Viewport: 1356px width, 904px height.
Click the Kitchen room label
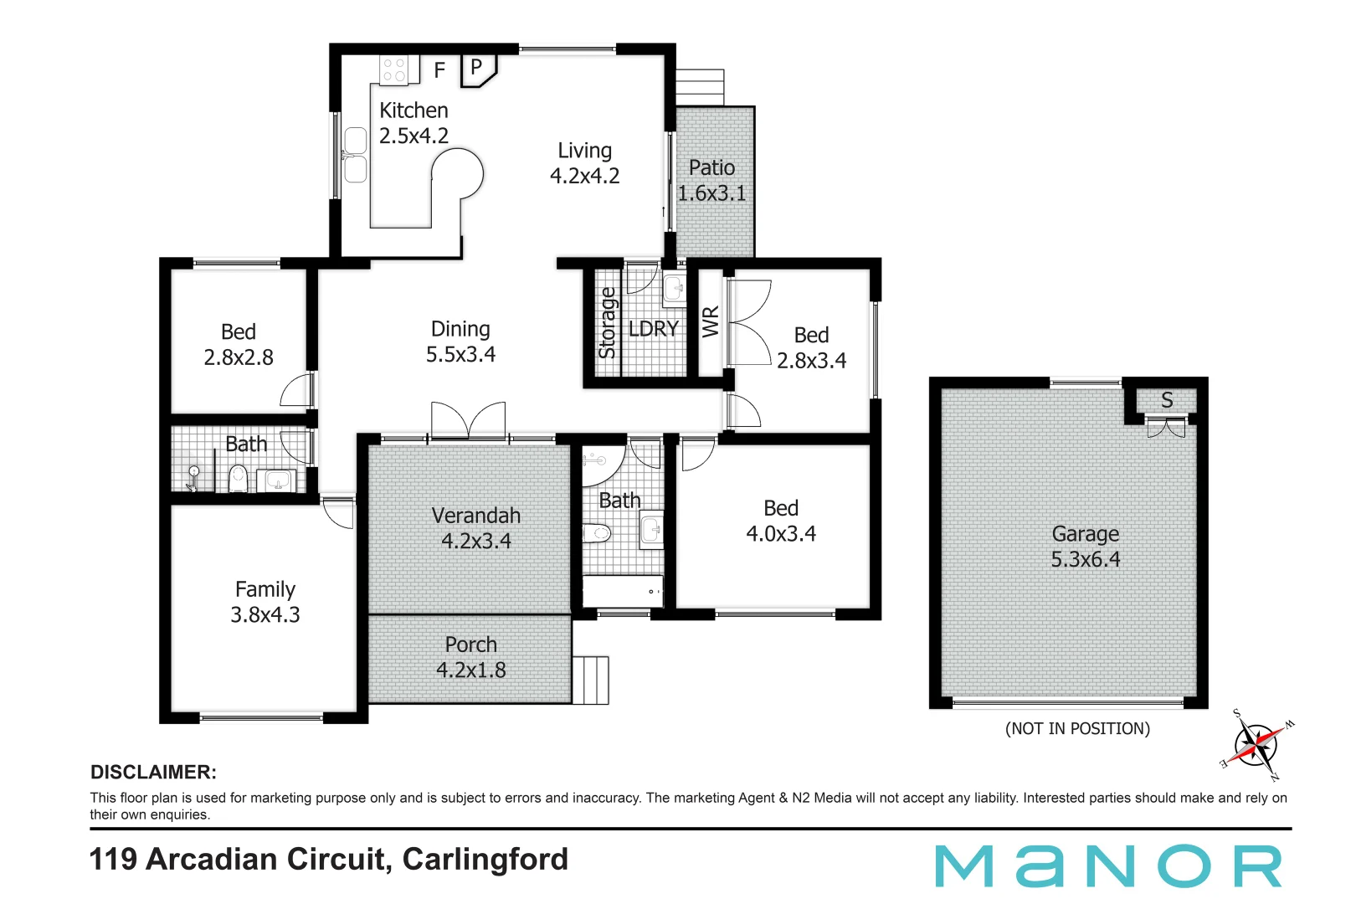(413, 110)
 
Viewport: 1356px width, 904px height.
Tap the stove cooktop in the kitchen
(394, 69)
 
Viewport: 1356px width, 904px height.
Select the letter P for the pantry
(476, 67)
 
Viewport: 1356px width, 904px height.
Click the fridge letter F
(439, 71)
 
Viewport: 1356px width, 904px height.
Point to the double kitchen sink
(356, 155)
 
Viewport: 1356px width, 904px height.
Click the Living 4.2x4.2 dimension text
(584, 176)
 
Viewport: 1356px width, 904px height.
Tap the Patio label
(711, 167)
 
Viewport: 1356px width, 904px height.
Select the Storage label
(608, 323)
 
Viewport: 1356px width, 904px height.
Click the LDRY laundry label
(653, 329)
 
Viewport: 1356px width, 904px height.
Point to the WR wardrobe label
(711, 321)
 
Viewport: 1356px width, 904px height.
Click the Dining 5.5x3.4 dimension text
(460, 354)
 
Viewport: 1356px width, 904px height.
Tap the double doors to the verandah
(468, 420)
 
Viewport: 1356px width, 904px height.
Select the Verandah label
(475, 516)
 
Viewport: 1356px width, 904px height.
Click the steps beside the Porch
(591, 680)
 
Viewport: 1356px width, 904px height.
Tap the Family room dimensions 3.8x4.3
(265, 614)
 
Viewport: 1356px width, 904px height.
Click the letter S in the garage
(1167, 400)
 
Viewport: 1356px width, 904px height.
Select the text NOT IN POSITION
(1077, 728)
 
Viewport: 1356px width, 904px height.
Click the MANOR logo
(1108, 866)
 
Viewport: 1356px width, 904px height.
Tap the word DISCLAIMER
(153, 772)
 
